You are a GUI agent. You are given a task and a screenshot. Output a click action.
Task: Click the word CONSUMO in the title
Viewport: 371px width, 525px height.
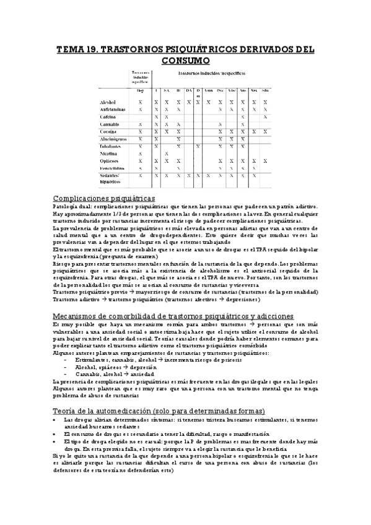pos(185,61)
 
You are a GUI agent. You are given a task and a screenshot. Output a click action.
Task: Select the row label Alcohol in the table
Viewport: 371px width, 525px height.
pos(109,102)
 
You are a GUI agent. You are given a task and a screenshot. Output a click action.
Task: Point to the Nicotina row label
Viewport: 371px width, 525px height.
pos(110,154)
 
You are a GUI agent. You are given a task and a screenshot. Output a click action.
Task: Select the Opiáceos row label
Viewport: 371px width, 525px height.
pos(110,161)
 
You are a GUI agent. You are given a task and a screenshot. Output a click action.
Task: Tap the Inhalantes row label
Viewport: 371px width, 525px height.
pos(111,146)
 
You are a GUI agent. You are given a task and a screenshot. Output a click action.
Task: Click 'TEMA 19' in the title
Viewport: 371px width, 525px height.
pos(76,49)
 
